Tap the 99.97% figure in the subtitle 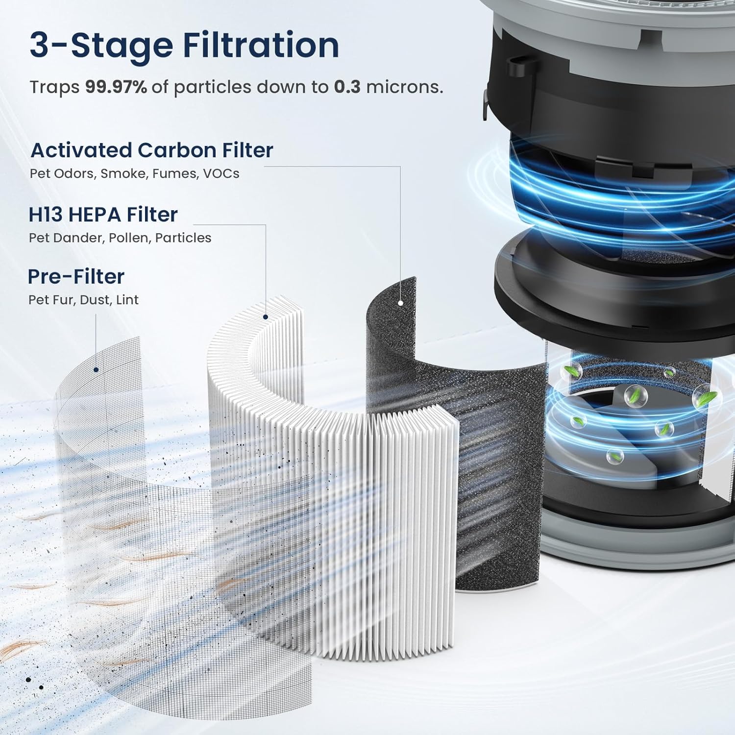[x=116, y=87]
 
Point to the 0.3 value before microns [x=347, y=87]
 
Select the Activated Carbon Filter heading [x=152, y=150]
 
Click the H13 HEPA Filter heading [x=103, y=215]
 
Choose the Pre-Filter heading [x=76, y=276]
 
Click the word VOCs [x=221, y=173]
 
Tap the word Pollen [x=128, y=238]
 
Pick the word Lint [x=127, y=299]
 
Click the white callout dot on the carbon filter [x=400, y=303]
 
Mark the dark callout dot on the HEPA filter [x=266, y=317]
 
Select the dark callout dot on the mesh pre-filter [x=96, y=369]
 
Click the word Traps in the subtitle [x=54, y=87]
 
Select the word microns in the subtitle [x=404, y=87]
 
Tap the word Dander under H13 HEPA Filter [x=80, y=238]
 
